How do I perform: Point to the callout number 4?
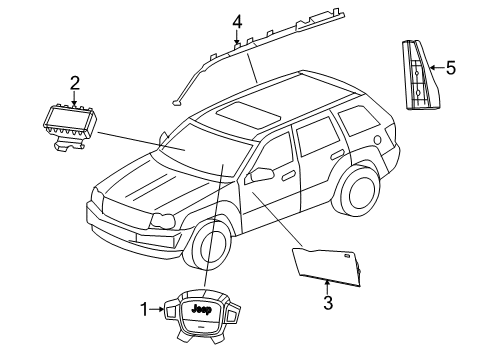[237, 20]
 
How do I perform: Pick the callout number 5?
[450, 68]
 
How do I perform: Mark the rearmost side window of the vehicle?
[354, 122]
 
